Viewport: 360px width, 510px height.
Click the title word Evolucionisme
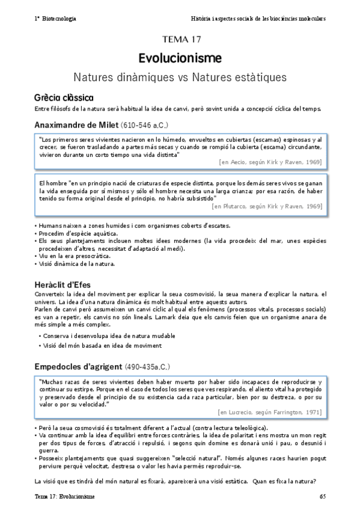(180, 58)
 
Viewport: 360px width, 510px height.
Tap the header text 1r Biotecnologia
(55, 19)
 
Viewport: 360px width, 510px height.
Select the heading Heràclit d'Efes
(66, 284)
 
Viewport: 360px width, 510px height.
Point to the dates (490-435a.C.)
(148, 367)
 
